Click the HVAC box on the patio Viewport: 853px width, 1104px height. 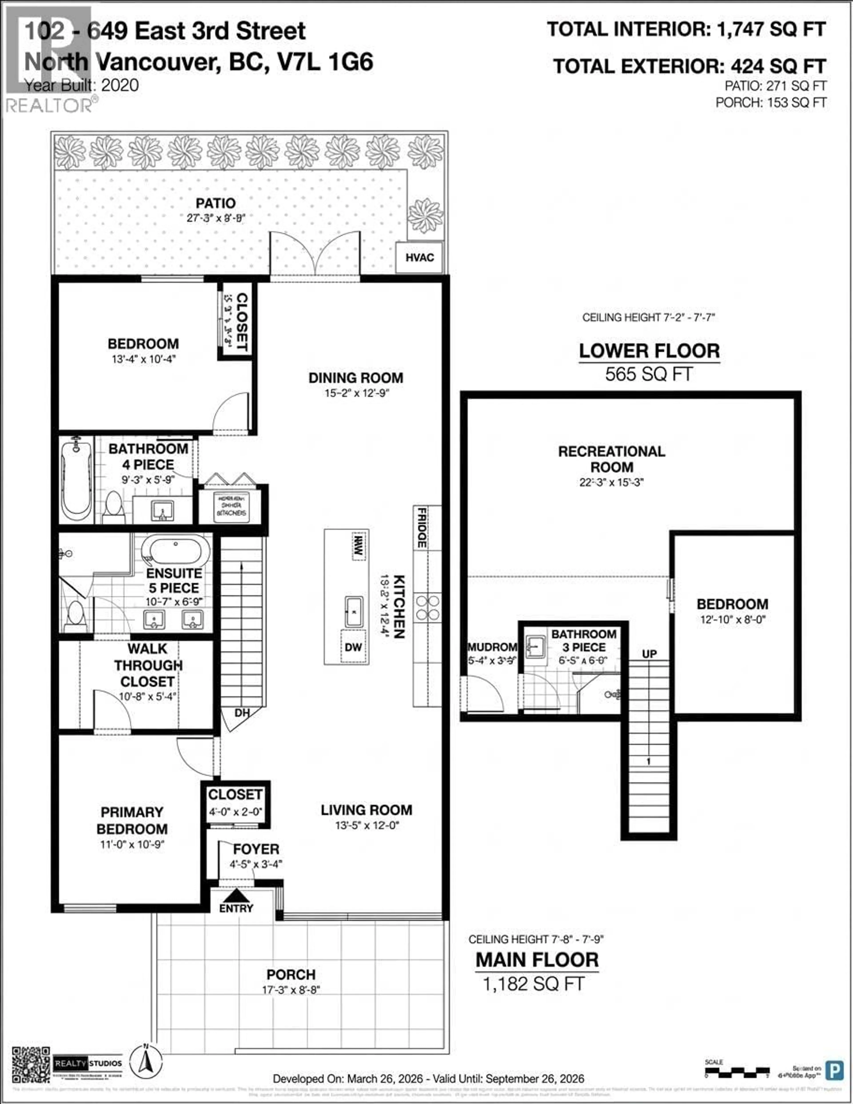pos(419,257)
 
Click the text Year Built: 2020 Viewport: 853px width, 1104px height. pos(82,85)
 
